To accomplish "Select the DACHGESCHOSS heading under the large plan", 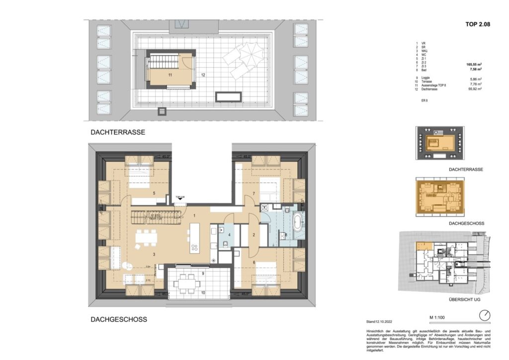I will pos(118,320).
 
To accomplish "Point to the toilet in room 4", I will pos(225,244).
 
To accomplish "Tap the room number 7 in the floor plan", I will pos(253,193).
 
